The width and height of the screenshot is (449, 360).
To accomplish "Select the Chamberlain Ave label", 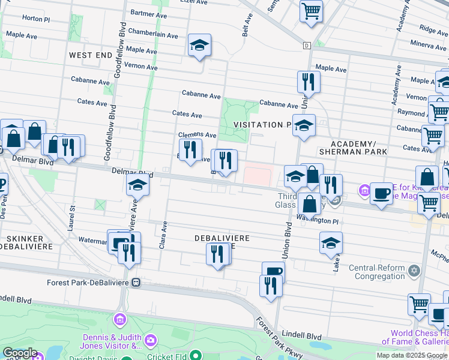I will pos(153,35).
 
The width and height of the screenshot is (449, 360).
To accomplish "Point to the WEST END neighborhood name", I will pos(91,55).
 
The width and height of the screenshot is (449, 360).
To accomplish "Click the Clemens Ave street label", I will pos(197,135).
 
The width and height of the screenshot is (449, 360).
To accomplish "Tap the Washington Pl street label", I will pos(318,220).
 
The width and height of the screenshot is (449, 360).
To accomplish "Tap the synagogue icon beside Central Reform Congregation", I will pos(413,272).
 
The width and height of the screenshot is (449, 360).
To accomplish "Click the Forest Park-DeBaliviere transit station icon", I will pos(137,282).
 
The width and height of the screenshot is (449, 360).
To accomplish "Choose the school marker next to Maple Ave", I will pos(199,46).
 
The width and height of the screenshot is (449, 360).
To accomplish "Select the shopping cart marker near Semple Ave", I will pos(311,10).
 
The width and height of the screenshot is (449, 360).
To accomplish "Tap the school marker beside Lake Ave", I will pos(331,243).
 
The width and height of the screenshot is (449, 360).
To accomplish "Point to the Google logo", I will pos(19,353).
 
